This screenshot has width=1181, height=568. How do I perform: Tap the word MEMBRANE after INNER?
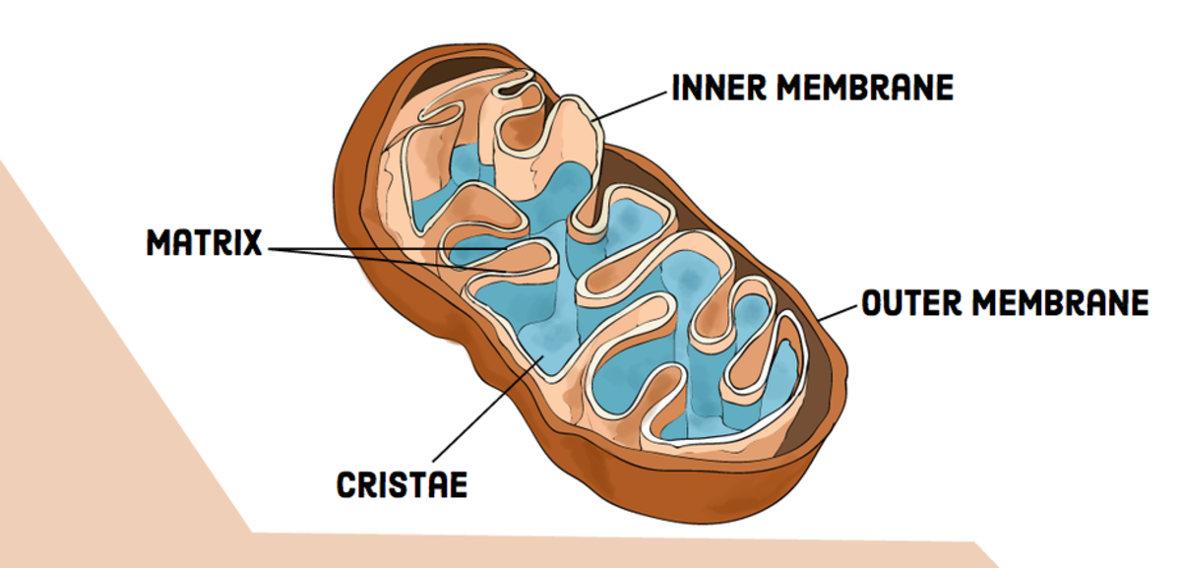coord(865,88)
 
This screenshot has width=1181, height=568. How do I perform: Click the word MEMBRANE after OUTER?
coord(1060,303)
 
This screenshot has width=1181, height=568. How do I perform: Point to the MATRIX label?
coord(205,242)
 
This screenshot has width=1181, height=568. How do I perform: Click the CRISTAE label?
coord(402,484)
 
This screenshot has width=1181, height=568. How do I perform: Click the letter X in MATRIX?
coord(252,242)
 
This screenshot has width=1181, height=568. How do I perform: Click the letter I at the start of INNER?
coord(677,88)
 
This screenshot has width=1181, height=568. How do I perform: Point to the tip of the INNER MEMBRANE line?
coord(592,121)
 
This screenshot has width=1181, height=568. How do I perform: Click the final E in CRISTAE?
coord(457,484)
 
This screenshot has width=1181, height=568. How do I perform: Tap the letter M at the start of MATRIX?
coord(157,242)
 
